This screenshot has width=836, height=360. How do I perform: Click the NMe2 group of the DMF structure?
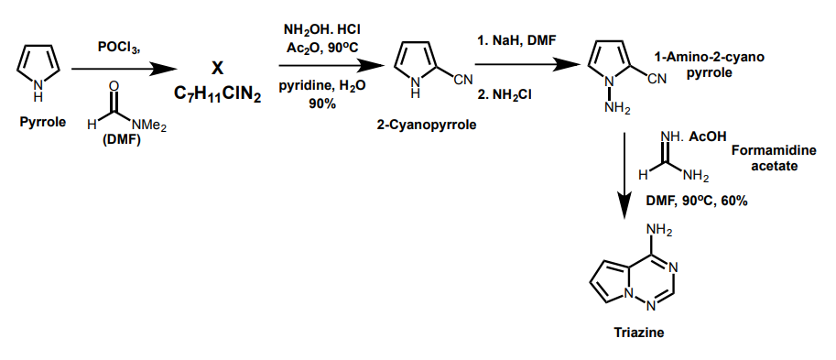click(149, 125)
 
